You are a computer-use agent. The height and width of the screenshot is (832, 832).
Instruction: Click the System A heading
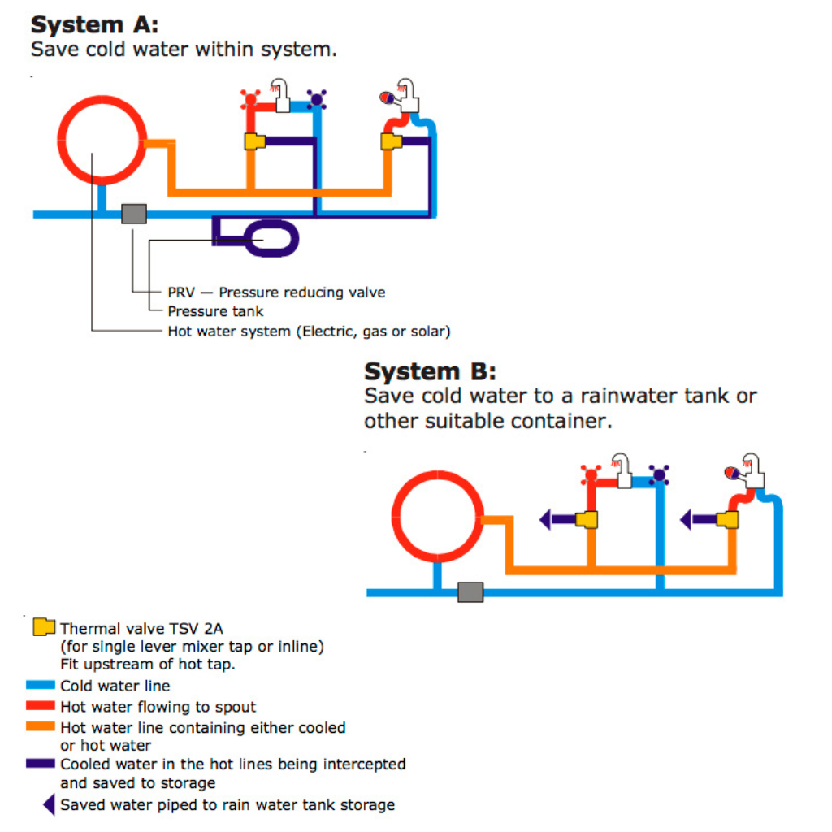(94, 25)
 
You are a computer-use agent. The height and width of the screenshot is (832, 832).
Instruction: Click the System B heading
(430, 370)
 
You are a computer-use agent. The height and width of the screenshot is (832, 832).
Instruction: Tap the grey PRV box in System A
(134, 214)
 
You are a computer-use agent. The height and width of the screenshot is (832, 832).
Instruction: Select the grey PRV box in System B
(470, 592)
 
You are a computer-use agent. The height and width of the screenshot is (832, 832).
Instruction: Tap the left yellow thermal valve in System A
(254, 141)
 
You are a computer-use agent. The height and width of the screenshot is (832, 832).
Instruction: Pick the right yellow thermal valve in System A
(391, 141)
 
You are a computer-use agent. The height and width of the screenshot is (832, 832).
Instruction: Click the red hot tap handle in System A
(250, 99)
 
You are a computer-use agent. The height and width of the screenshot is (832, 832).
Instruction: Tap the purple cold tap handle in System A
(317, 99)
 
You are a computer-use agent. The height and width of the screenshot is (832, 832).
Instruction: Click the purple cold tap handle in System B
(659, 474)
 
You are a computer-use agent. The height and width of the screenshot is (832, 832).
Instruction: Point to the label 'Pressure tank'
(215, 311)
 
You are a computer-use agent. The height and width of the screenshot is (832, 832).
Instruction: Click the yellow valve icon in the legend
(44, 626)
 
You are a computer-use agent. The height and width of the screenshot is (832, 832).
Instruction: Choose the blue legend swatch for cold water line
(41, 684)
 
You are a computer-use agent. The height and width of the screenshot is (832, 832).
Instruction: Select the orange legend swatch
(41, 726)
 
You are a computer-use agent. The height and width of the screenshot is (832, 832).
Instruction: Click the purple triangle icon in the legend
(49, 804)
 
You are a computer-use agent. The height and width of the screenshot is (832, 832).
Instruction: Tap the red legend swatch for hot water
(41, 705)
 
